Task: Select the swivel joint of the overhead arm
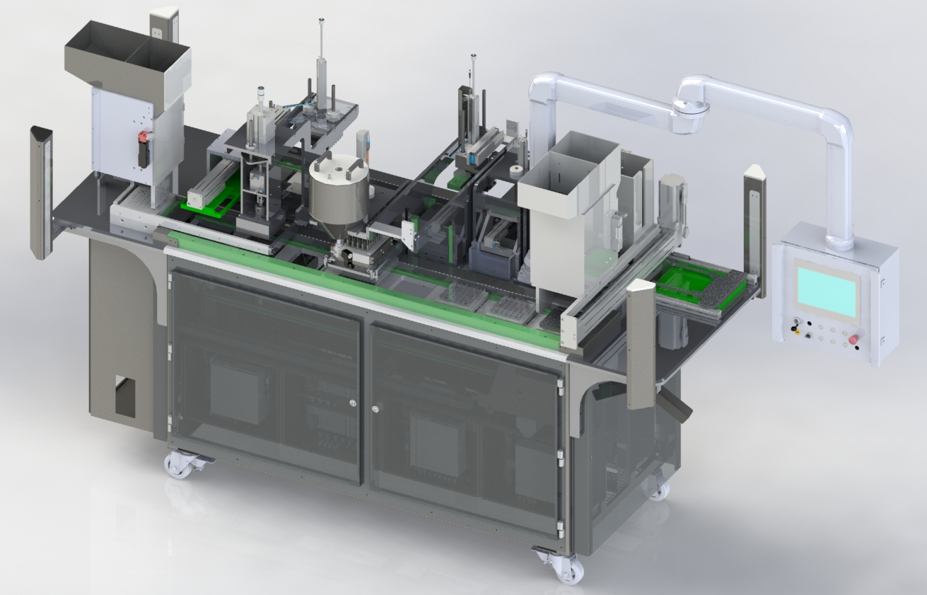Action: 689,113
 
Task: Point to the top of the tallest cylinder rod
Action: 321,21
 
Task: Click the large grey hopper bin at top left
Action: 127,64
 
